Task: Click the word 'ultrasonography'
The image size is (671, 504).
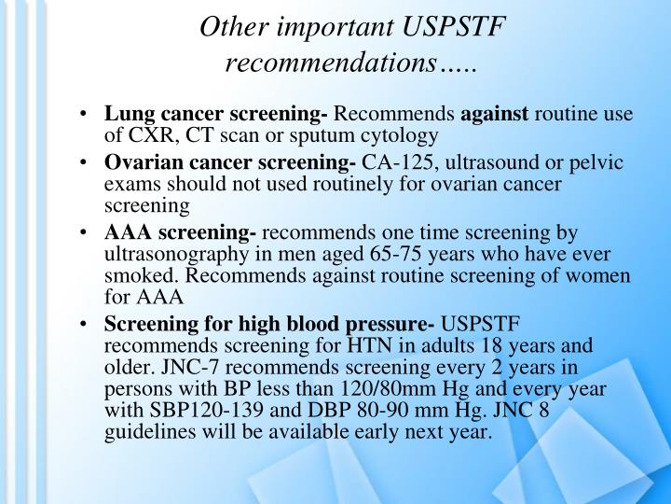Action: pyautogui.click(x=167, y=252)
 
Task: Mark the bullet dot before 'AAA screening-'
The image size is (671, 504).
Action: pyautogui.click(x=86, y=231)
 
